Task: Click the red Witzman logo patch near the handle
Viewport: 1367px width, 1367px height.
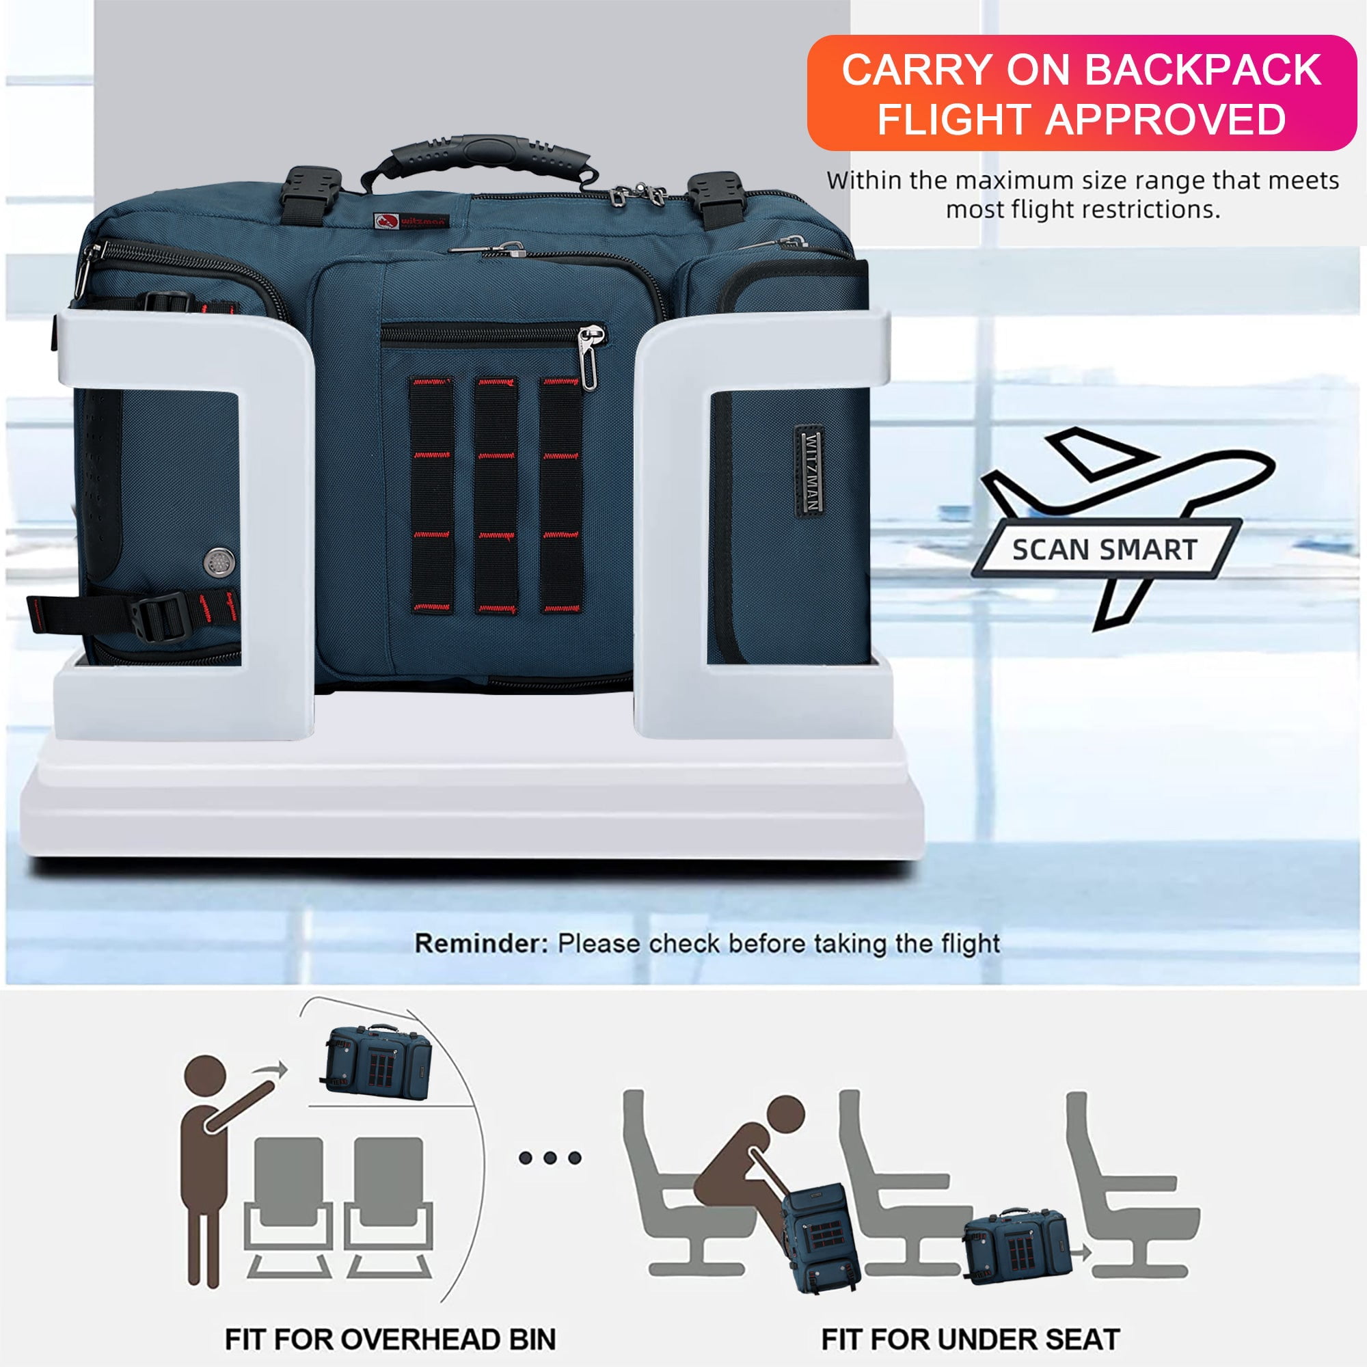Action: [411, 221]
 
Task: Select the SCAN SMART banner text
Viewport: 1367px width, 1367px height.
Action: [1104, 550]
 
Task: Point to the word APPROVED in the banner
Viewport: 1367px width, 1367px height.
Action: [1166, 118]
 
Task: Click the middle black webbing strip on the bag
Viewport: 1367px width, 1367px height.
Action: [496, 495]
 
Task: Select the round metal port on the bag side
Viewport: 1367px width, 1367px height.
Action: [217, 561]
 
